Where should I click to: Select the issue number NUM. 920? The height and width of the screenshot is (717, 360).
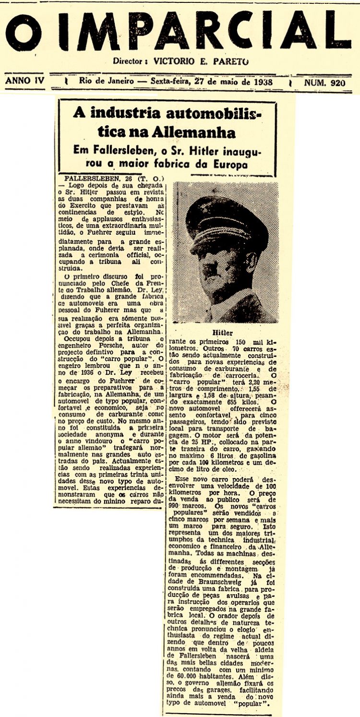pyautogui.click(x=325, y=82)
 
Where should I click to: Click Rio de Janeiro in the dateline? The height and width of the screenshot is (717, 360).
pyautogui.click(x=107, y=82)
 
